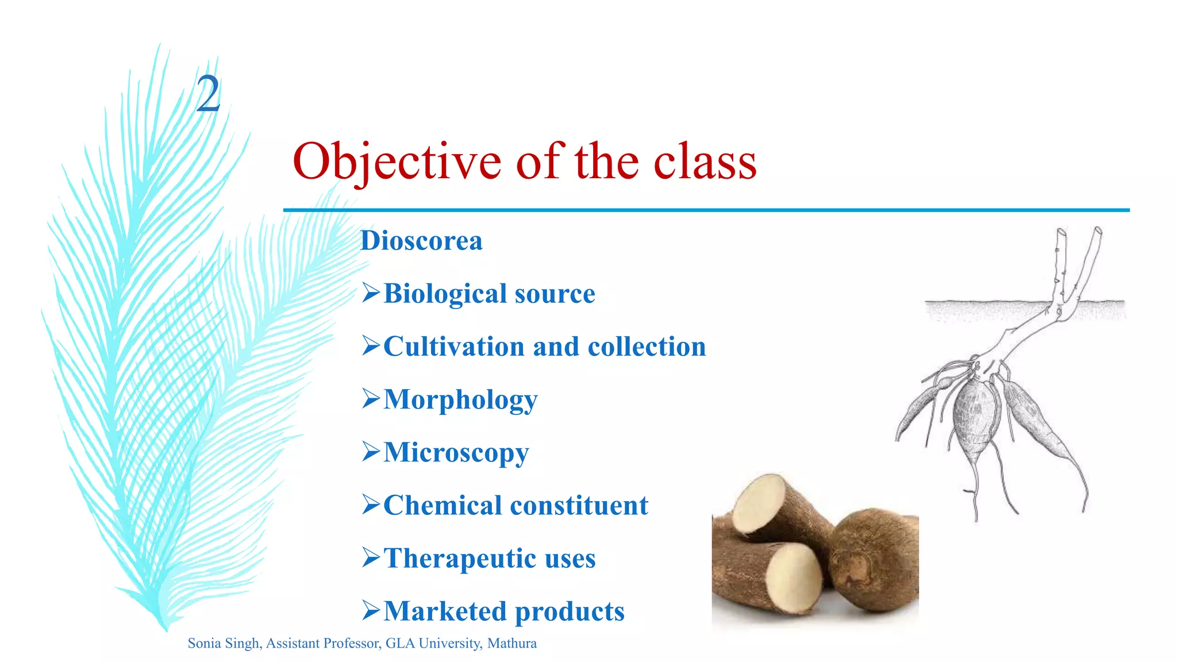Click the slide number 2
point(208,94)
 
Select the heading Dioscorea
point(421,241)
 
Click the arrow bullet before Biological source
point(371,293)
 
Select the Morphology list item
point(460,400)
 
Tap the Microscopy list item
point(456,453)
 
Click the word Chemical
point(443,506)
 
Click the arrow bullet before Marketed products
point(371,610)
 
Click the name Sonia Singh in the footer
point(224,643)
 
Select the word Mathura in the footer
point(511,643)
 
